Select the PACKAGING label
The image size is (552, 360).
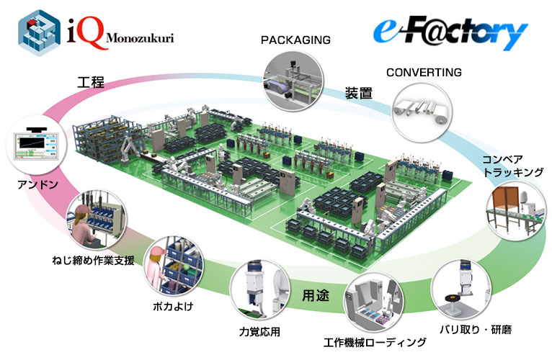coord(295,40)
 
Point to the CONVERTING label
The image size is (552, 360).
coord(424,73)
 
